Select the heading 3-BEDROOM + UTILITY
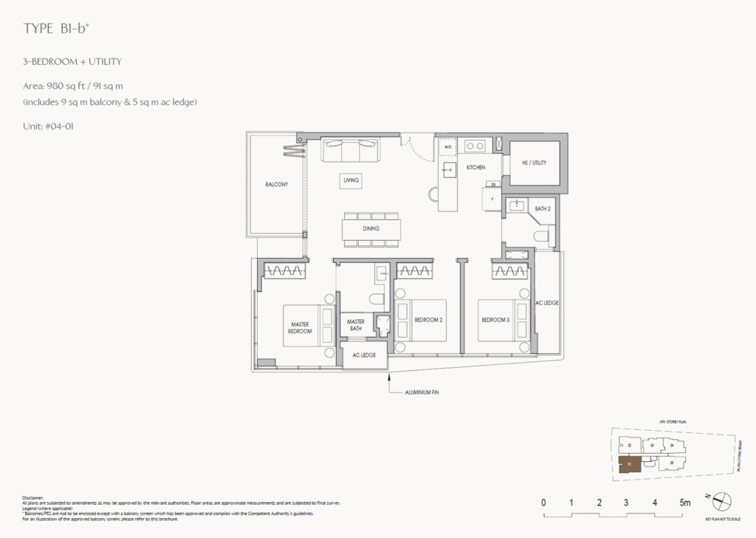pos(72,62)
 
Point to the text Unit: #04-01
pos(49,126)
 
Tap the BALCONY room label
pos(277,184)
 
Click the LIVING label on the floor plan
pos(351,180)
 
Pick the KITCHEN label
pos(475,168)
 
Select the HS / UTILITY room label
pos(534,163)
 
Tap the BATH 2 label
pos(543,210)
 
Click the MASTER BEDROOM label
pos(300,327)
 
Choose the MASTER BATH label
pos(356,324)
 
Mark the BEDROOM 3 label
pos(495,319)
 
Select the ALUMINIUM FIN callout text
pos(424,392)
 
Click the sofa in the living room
pos(350,151)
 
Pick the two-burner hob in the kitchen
pos(474,146)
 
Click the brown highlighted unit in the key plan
pos(629,465)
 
